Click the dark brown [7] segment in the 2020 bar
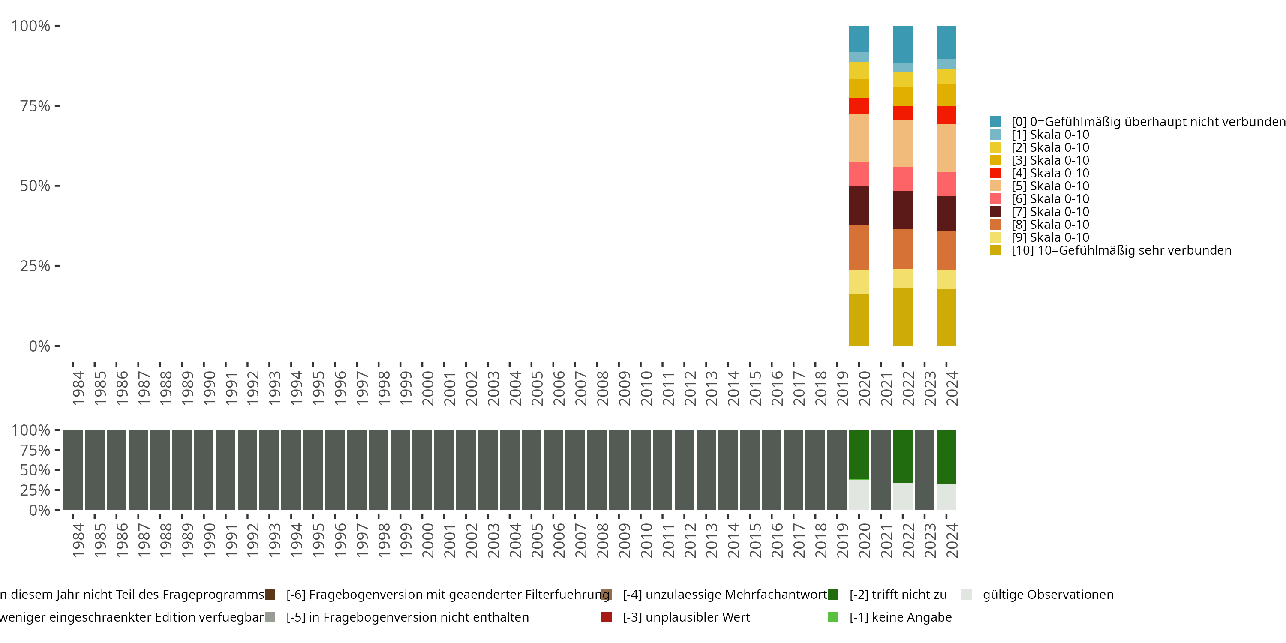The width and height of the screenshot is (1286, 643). coord(859,205)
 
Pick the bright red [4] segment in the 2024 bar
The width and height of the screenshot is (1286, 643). coord(946,115)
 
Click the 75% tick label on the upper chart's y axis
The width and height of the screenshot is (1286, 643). coord(34,106)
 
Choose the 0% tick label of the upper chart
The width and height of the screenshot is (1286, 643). coord(39,346)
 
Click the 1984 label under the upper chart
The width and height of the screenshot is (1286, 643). coord(78,388)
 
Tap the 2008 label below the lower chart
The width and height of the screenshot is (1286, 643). coord(603,540)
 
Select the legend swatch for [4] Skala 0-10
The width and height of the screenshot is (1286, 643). coord(995,173)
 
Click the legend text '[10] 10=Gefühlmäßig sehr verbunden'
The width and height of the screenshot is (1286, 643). coord(1121,250)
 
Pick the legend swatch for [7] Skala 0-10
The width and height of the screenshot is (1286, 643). coord(995,212)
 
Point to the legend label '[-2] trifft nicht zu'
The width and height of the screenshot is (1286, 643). coord(898,595)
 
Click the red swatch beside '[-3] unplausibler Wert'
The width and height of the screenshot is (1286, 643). coord(607,617)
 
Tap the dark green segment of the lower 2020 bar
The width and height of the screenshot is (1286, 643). coord(859,454)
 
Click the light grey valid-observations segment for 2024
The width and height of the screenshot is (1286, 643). coord(946,497)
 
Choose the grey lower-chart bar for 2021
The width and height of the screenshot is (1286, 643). coord(880,470)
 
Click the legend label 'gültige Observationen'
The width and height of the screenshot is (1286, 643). coord(1048,595)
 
